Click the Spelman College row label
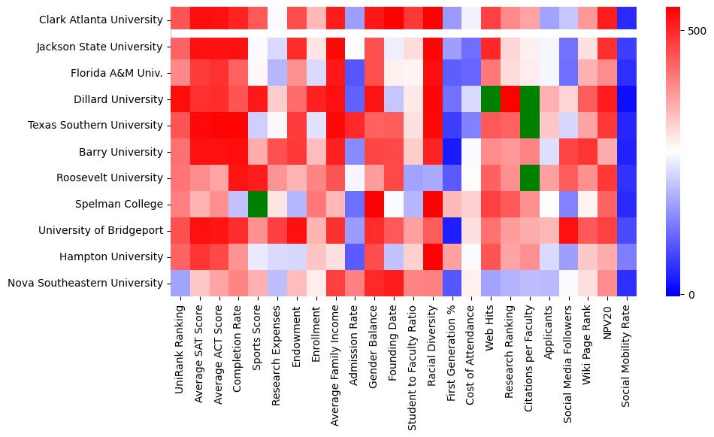[x=123, y=205]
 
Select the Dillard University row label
[x=119, y=99]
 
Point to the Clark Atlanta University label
[x=101, y=20]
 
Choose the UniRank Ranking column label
[x=180, y=347]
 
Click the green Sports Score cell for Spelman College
[x=257, y=205]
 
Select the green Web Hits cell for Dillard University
[x=489, y=99]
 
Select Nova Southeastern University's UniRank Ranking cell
[x=180, y=284]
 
